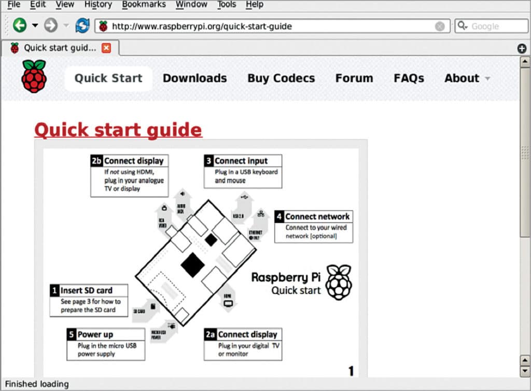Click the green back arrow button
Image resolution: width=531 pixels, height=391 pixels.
pos(20,25)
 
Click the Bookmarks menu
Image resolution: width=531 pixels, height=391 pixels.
pos(144,5)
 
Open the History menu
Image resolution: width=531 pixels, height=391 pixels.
pos(97,5)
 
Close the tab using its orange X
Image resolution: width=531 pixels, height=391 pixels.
pos(106,48)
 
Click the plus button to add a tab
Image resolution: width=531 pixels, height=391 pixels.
pos(522,48)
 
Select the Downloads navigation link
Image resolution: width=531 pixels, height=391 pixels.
pos(194,78)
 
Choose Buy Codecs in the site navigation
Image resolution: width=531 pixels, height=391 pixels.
pos(281,78)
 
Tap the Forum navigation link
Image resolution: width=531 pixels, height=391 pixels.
pos(354,78)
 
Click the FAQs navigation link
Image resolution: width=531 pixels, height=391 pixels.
pos(409,78)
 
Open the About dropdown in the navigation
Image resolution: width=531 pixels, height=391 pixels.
pos(466,78)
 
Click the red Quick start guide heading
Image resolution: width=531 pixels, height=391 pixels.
pos(118,129)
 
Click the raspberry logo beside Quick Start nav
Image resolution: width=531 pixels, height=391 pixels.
pos(34,76)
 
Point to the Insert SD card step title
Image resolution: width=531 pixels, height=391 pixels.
pos(86,290)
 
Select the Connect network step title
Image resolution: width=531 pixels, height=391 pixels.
pos(317,216)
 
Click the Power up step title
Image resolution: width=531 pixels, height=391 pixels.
pos(95,334)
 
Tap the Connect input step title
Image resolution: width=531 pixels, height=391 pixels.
pos(241,161)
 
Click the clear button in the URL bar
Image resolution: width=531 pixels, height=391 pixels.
pos(440,26)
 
